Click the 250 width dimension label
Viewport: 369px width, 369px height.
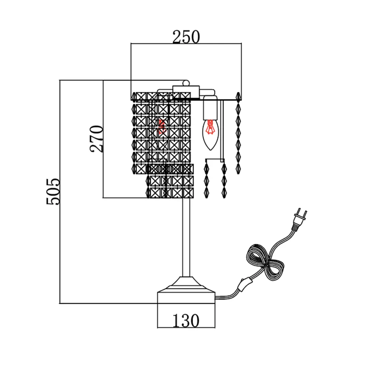(186, 37)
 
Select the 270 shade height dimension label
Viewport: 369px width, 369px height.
(97, 139)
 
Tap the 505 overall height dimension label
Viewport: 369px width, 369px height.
(52, 192)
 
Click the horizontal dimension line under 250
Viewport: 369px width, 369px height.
(186, 44)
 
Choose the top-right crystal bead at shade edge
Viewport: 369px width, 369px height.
(238, 96)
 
